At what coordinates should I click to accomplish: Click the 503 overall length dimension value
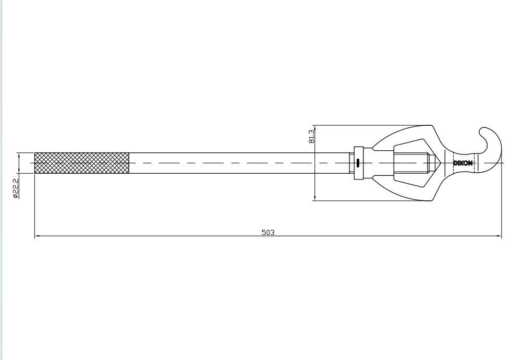click(268, 232)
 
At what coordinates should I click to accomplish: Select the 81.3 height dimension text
click(311, 136)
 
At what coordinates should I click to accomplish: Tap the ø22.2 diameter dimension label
click(16, 189)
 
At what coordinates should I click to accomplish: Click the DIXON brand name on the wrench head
click(463, 163)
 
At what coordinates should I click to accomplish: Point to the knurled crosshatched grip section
click(82, 163)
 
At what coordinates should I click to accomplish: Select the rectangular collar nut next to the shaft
click(358, 163)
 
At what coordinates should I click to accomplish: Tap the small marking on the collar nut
click(358, 163)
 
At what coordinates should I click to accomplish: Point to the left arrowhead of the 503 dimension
click(37, 237)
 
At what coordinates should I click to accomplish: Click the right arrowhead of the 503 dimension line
click(499, 237)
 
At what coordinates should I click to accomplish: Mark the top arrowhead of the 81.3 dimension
click(315, 127)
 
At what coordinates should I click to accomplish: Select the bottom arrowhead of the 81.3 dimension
click(315, 198)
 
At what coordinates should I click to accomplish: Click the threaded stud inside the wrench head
click(412, 163)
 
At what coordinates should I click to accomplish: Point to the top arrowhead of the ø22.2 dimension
click(19, 154)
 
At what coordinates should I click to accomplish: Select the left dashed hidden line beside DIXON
click(454, 163)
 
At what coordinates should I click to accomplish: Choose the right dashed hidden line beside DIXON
click(476, 163)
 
